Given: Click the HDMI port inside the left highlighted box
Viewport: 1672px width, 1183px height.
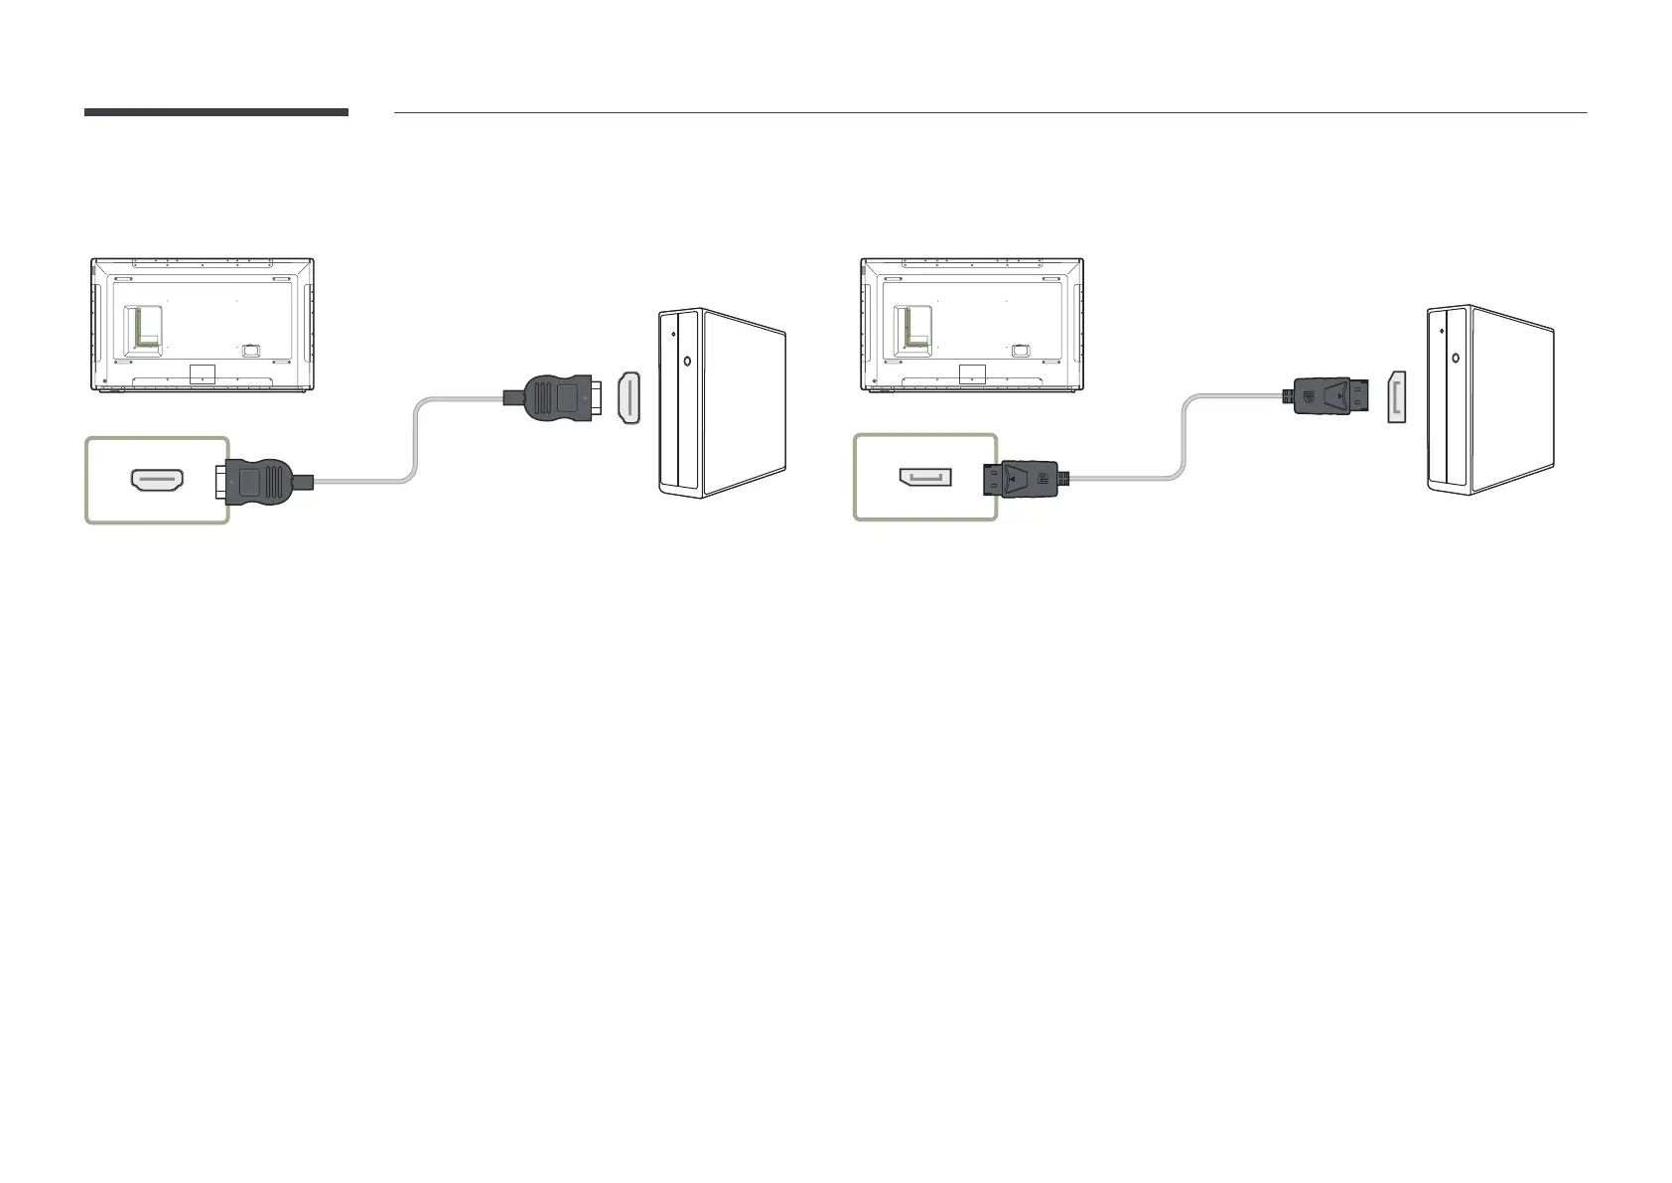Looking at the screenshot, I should [157, 481].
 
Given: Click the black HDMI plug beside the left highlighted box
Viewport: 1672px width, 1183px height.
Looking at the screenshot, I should [261, 481].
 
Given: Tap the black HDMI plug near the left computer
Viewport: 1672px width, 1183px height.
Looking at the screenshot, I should [556, 397].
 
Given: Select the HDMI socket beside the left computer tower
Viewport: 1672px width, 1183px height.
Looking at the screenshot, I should [629, 397].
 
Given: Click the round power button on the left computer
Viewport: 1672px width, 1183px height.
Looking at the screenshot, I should [686, 362].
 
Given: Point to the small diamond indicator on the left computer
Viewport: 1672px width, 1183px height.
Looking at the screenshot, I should [674, 335].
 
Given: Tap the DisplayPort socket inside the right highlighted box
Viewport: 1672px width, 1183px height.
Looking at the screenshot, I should [924, 478].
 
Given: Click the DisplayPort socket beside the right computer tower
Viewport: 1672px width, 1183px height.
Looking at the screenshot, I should [1397, 397].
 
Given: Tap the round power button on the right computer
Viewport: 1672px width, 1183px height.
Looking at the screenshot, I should [1455, 358].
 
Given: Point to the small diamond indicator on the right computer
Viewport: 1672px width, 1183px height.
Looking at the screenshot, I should [1443, 331].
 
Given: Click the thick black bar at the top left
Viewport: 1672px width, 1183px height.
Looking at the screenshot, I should [215, 112].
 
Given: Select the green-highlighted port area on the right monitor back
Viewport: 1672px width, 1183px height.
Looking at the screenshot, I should [912, 327].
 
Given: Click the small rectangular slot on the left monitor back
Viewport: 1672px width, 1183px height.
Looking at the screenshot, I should [251, 350].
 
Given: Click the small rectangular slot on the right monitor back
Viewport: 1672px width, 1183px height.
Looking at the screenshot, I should [1021, 350].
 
